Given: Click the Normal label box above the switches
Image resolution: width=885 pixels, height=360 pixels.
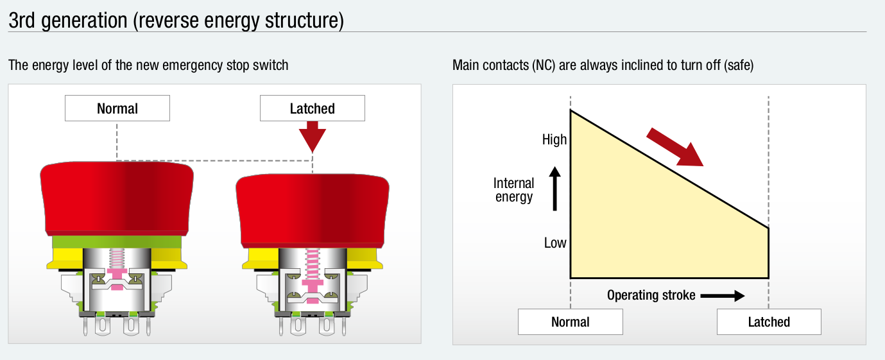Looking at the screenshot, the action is pos(117,108).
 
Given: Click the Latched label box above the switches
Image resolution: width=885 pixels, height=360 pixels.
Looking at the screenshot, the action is pos(312,108).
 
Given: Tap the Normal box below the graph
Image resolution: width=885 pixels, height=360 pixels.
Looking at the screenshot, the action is pos(571,321).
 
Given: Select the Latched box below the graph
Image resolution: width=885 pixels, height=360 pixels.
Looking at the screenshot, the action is pos(769,321).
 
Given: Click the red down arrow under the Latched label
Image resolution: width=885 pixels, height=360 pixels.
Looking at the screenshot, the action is pos(312,136).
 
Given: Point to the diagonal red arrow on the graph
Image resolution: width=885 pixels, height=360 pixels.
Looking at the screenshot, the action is pos(674,147).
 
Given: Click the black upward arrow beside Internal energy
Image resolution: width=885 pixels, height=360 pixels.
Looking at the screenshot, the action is pos(554,188).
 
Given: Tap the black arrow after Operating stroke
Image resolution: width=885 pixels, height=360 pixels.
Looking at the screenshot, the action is pos(723,295).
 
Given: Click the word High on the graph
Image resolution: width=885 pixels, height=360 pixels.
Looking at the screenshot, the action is pos(554,139).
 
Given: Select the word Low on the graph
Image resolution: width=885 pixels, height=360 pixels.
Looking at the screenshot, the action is pos(555,243).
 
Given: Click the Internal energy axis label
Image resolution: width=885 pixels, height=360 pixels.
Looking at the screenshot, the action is pos(513,190).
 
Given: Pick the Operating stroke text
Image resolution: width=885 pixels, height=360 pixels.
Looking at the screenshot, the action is pos(651,295).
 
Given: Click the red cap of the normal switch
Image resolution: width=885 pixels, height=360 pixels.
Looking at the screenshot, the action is pos(117,198).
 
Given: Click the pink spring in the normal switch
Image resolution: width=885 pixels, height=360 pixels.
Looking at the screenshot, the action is pos(117,259).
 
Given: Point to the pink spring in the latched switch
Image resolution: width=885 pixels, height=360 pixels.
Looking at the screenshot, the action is pos(313,264).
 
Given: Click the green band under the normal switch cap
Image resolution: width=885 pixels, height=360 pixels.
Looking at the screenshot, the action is pos(117,242).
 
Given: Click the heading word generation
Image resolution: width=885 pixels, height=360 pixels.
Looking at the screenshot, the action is pos(84,21).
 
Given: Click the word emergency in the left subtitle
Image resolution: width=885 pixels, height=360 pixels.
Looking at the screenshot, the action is pos(193,65).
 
